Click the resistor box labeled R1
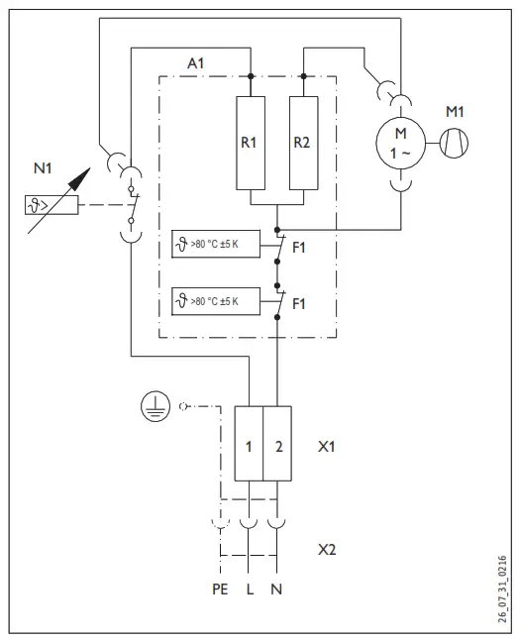point(250,142)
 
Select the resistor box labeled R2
point(302,142)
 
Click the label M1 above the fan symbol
point(455,111)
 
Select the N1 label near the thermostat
point(43,169)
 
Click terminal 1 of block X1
point(249,445)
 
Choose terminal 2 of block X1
point(278,445)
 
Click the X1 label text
point(328,446)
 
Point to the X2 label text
point(328,549)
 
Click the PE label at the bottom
point(219,589)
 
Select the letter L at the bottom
point(249,589)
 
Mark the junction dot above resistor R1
point(250,75)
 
